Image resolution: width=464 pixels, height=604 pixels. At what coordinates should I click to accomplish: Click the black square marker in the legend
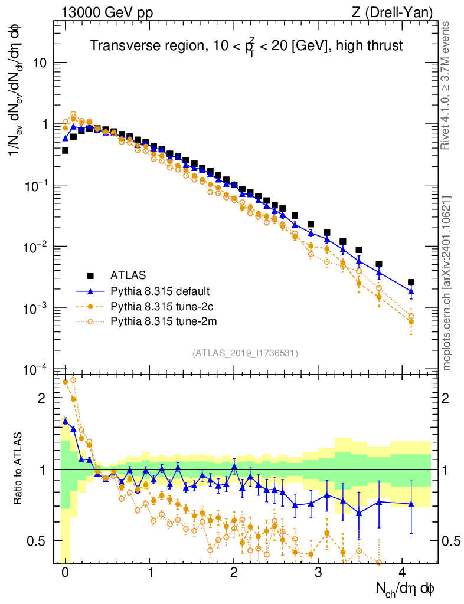coord(90,275)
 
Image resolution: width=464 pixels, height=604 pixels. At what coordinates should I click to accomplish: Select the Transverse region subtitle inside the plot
coord(246,45)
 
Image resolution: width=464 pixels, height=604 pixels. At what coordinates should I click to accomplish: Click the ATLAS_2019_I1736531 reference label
coord(245,353)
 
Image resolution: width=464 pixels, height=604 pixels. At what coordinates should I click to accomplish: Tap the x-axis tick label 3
coord(318,572)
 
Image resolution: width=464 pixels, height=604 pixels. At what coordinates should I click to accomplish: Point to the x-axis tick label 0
coord(65,572)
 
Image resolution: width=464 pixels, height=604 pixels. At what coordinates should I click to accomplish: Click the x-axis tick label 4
coord(403,572)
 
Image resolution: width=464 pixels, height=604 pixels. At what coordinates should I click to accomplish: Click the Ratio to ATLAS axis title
coord(19,468)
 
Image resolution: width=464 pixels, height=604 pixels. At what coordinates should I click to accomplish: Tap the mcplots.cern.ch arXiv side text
coord(447,283)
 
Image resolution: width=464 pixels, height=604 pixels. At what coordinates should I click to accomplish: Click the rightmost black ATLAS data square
coord(411,282)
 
